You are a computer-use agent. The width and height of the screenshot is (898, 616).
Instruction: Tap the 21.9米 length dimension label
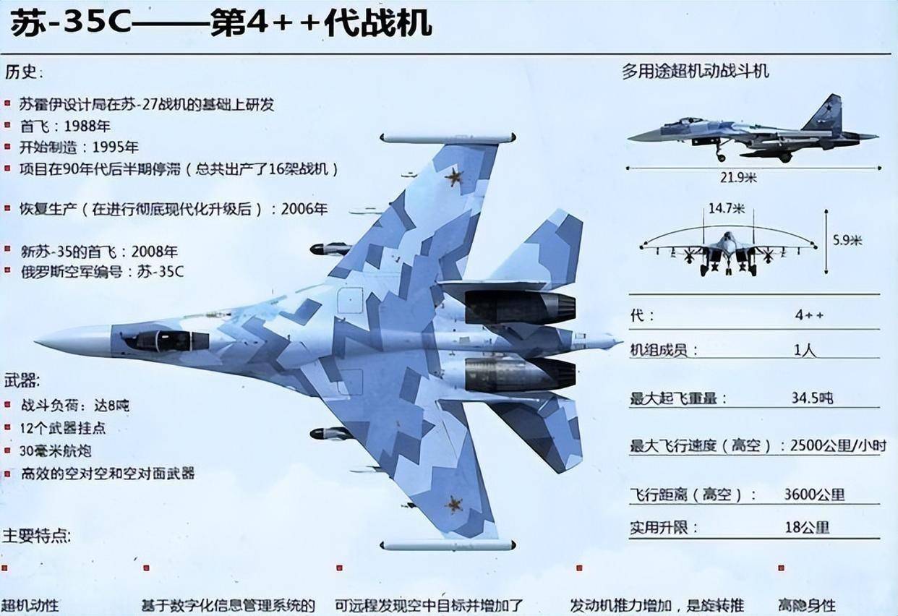737,176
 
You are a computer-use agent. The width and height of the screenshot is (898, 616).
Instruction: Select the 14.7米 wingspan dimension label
726,209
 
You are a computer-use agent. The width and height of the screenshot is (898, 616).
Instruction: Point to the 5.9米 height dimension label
846,241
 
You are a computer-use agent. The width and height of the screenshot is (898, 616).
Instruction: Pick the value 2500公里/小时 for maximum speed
835,446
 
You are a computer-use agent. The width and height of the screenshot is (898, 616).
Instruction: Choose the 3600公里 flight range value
814,495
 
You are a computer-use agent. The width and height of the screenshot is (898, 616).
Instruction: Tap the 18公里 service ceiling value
807,528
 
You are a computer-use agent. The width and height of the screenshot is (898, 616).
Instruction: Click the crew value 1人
804,350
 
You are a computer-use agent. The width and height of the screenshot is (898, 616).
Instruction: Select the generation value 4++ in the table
808,316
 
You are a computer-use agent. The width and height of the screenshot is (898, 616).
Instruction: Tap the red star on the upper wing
454,176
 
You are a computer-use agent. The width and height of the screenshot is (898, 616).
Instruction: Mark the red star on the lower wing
453,503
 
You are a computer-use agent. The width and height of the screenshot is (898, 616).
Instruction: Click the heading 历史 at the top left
24,72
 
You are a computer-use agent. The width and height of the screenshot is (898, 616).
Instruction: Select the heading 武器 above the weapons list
22,380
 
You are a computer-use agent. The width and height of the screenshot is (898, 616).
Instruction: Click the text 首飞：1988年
65,126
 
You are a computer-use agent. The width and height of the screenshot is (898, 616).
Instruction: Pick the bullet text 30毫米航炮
56,451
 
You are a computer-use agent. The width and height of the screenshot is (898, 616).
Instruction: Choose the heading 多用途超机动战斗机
695,71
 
